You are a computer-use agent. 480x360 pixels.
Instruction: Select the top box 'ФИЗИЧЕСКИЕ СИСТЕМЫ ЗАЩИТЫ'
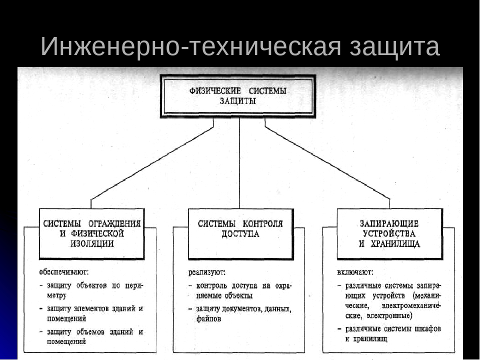pos(238,96)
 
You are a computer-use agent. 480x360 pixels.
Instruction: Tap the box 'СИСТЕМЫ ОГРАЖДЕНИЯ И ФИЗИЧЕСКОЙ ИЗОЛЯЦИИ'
pos(92,234)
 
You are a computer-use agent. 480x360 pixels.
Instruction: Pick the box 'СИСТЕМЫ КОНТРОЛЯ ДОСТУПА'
pos(240,234)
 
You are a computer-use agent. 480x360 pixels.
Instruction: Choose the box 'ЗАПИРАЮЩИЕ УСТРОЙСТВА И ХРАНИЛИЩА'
pos(389,234)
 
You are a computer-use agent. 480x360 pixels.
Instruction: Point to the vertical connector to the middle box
pos(239,165)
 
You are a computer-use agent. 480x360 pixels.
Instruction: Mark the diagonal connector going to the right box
pos(327,163)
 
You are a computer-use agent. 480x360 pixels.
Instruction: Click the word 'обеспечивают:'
pos(64,272)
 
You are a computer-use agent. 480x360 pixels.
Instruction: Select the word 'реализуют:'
pos(207,273)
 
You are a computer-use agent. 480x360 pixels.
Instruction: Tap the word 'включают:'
pos(355,273)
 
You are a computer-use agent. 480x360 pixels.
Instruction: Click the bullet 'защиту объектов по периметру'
pos(92,290)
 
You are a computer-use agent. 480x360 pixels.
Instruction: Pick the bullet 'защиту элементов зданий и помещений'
pos(92,313)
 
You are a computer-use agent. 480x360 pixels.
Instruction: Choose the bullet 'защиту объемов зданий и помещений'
pos(92,336)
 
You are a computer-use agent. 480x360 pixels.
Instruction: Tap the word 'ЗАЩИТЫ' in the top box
pos(238,101)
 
